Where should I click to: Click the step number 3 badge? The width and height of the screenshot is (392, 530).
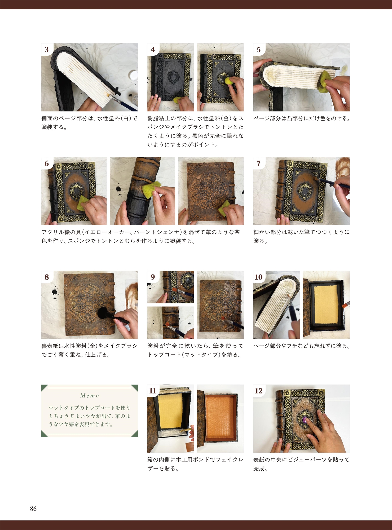pyautogui.click(x=47, y=50)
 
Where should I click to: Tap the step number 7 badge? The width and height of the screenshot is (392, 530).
pyautogui.click(x=259, y=163)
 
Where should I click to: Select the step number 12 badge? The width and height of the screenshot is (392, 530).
pyautogui.click(x=259, y=391)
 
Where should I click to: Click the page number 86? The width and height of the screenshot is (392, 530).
pyautogui.click(x=33, y=509)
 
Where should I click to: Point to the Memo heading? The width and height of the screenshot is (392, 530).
pyautogui.click(x=90, y=396)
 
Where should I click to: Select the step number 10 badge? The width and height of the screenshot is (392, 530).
pyautogui.click(x=259, y=277)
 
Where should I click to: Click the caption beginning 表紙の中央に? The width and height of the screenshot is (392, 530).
pyautogui.click(x=301, y=464)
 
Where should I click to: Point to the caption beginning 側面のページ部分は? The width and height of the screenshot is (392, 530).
pyautogui.click(x=90, y=123)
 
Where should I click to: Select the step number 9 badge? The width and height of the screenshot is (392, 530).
pyautogui.click(x=153, y=277)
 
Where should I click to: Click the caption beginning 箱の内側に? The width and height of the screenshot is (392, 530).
pyautogui.click(x=195, y=464)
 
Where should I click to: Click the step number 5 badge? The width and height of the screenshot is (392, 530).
pyautogui.click(x=259, y=50)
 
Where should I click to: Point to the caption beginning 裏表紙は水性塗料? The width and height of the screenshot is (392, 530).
pyautogui.click(x=90, y=350)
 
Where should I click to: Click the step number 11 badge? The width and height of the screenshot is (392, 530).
pyautogui.click(x=153, y=391)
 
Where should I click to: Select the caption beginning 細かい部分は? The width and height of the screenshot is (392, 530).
pyautogui.click(x=301, y=236)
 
